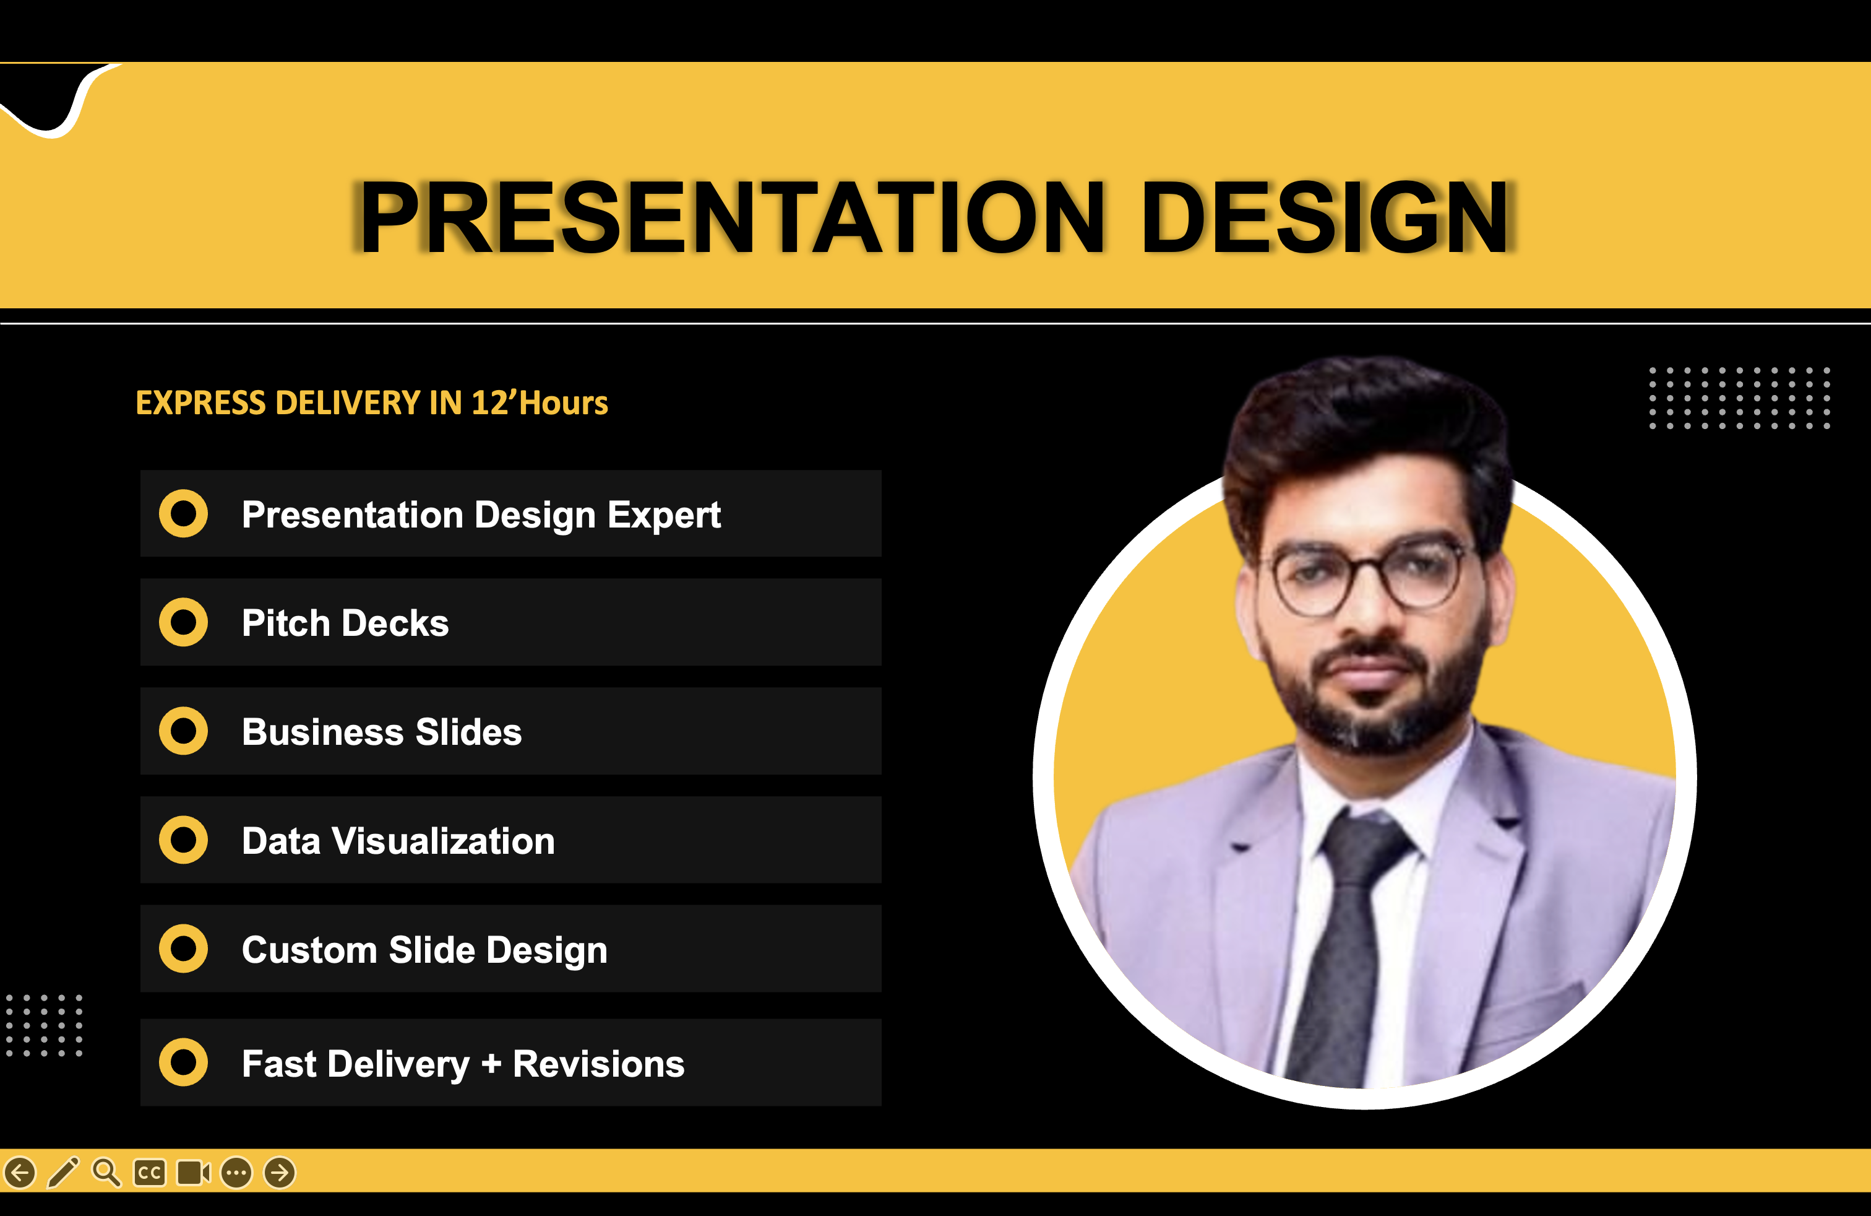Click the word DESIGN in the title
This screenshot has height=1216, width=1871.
click(1325, 217)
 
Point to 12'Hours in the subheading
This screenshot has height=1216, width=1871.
click(540, 402)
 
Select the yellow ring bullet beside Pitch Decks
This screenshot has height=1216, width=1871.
click(183, 622)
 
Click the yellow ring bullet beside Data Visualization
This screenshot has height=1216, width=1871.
click(183, 840)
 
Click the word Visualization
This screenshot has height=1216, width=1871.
click(444, 841)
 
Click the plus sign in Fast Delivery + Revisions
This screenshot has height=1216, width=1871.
click(491, 1064)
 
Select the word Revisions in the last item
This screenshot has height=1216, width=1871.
click(598, 1064)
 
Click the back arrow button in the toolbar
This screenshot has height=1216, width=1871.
click(20, 1173)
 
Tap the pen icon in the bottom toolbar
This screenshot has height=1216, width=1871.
click(64, 1172)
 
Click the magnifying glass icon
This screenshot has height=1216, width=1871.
click(106, 1172)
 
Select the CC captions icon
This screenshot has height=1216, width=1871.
click(149, 1173)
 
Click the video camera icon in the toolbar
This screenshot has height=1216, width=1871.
click(194, 1173)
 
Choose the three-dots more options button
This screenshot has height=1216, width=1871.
click(236, 1173)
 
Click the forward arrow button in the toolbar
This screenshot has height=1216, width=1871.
click(280, 1173)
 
